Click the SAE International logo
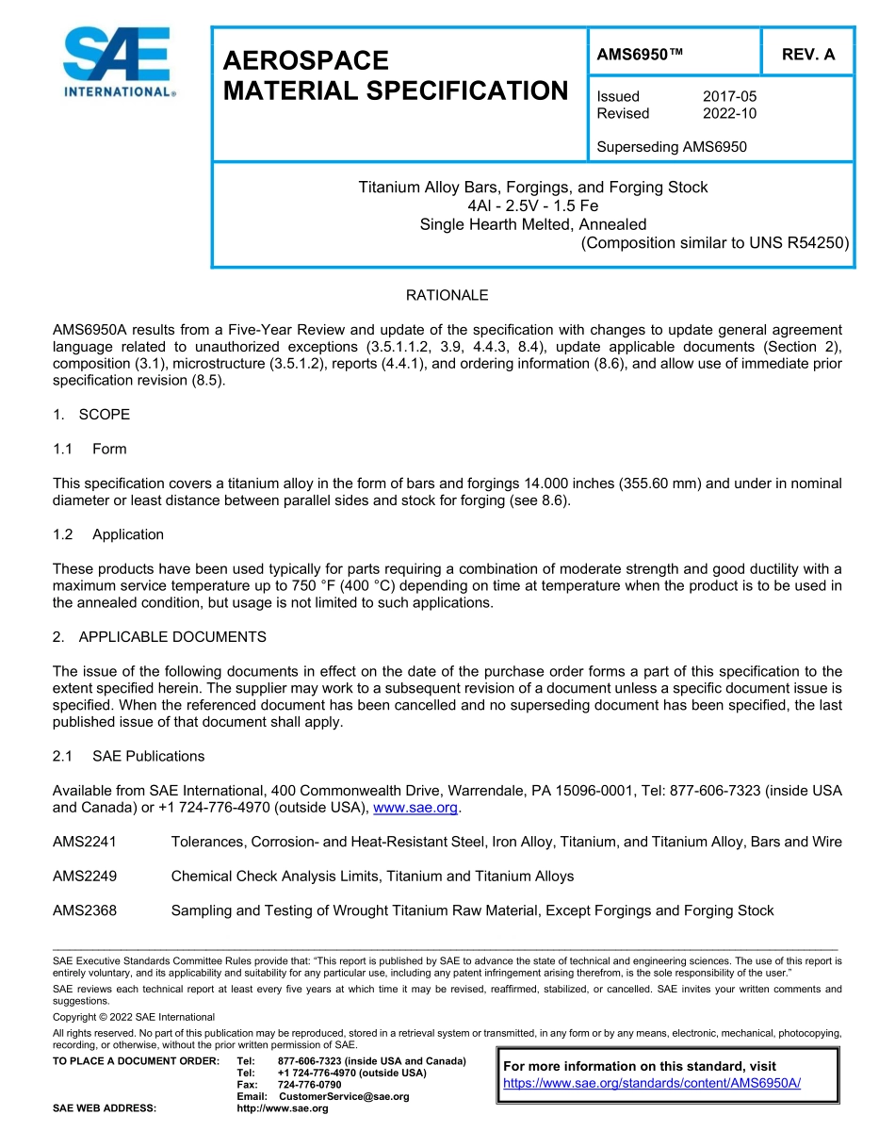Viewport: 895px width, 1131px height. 117,62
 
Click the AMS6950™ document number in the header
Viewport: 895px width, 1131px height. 640,55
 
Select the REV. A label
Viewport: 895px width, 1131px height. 807,55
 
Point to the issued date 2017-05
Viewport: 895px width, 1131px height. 729,96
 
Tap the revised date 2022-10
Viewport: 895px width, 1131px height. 729,113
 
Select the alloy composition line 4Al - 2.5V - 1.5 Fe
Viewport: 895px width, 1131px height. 532,205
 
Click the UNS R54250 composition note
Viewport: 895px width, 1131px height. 715,243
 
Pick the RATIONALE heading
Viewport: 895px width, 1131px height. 447,295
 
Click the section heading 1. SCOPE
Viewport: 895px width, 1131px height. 91,415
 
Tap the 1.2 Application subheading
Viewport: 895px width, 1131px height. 108,534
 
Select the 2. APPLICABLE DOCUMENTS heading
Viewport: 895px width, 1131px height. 159,637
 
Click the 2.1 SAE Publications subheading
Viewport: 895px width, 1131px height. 128,756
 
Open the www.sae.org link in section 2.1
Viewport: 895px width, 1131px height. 415,808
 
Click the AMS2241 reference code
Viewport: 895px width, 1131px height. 85,842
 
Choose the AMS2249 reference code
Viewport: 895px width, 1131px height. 85,877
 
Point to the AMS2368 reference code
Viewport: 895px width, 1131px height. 85,910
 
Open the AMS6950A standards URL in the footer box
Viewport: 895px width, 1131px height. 652,1083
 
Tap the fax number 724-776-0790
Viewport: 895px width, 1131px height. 309,1085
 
